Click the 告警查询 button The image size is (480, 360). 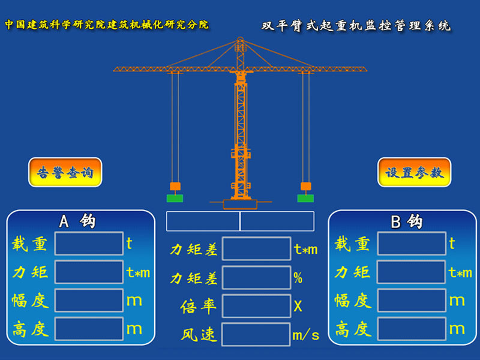65,172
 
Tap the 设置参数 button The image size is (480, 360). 414,172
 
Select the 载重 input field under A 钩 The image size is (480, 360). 89,244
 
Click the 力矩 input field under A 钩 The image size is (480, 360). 89,272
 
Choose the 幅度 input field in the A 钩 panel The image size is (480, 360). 89,301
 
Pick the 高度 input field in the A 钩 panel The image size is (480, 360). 89,329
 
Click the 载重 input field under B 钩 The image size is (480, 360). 412,244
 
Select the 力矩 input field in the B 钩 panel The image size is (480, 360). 412,272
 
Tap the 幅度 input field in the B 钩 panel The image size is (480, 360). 412,301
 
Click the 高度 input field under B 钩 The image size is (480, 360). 412,329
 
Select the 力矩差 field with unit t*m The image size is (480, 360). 256,248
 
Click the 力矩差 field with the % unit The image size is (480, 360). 256,278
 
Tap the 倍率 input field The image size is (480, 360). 256,306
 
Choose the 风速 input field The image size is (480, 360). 256,334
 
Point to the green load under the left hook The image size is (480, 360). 175,199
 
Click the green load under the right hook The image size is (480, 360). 305,199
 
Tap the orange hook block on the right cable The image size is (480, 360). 306,186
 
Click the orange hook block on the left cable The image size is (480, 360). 175,186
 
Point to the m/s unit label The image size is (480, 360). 305,335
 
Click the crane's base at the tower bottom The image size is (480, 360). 241,204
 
